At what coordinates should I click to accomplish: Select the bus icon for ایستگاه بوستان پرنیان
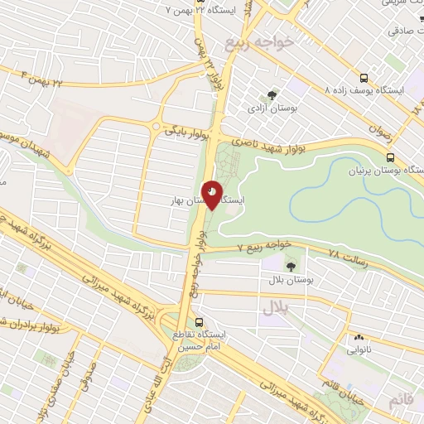click(x=390, y=157)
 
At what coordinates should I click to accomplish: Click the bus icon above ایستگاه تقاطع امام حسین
click(x=198, y=321)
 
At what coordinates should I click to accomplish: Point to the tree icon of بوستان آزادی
click(x=273, y=95)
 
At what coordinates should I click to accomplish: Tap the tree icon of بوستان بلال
click(x=291, y=265)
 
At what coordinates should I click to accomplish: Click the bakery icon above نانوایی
click(x=359, y=337)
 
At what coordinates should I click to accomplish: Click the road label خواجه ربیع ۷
click(x=264, y=245)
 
